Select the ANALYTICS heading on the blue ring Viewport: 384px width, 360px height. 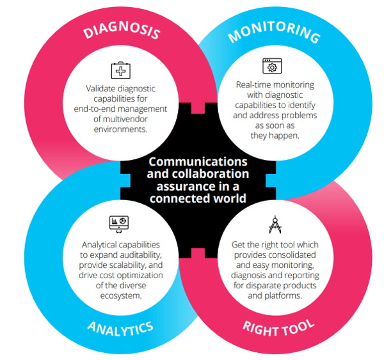click(x=120, y=329)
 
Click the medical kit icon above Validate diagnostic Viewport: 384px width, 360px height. click(x=120, y=70)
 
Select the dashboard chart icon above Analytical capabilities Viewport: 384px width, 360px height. click(x=120, y=223)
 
